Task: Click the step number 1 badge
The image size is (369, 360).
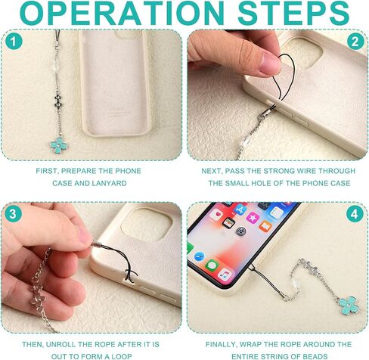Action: [x=14, y=41]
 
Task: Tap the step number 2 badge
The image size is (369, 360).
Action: [x=355, y=41]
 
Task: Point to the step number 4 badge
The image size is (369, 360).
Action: [x=355, y=214]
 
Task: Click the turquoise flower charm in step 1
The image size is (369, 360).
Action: [x=58, y=145]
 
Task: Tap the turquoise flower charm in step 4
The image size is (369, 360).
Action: [x=349, y=305]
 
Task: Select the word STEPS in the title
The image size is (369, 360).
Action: [x=293, y=14]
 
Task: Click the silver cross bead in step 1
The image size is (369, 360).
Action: [x=58, y=102]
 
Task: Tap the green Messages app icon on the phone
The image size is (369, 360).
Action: [x=212, y=265]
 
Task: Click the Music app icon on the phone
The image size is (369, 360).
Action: [x=225, y=275]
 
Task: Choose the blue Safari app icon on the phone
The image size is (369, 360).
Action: [x=200, y=256]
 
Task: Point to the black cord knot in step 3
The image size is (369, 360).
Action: [x=130, y=274]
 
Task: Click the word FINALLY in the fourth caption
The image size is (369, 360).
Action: [x=221, y=344]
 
